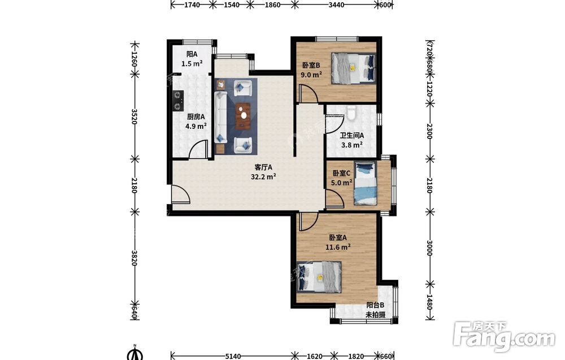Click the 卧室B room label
click(x=311, y=65)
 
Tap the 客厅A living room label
click(x=263, y=167)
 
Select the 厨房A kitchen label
click(x=195, y=117)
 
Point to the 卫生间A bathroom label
click(x=352, y=136)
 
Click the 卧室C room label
click(x=342, y=174)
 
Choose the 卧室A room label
click(x=338, y=238)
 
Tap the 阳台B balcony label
click(x=375, y=305)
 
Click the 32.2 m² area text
click(x=263, y=176)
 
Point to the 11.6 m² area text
click(x=338, y=247)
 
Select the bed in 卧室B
click(x=354, y=68)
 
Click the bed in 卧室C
click(x=365, y=183)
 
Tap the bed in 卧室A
click(x=319, y=277)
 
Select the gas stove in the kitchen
click(x=178, y=101)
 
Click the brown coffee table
click(x=244, y=116)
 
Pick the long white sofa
click(x=220, y=117)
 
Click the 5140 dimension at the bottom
click(x=233, y=357)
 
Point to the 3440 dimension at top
click(x=337, y=5)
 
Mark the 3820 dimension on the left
click(x=134, y=258)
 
